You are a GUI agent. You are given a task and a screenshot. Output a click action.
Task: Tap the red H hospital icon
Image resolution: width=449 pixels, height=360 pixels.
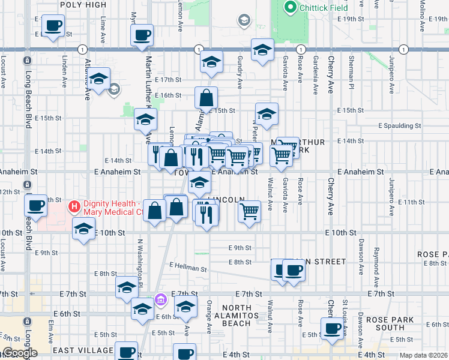74,208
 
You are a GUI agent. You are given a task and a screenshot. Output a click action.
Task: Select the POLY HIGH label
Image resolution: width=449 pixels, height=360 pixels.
84,5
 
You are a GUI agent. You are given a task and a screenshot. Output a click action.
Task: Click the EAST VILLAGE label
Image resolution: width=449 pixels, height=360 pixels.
83,350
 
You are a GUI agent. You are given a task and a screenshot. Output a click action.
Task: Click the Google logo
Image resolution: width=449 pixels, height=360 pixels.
19,353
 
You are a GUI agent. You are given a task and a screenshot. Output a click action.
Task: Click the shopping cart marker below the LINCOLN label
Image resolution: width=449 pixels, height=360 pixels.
249,211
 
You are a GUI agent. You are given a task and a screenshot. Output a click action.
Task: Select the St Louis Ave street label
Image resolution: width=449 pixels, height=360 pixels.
345,316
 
